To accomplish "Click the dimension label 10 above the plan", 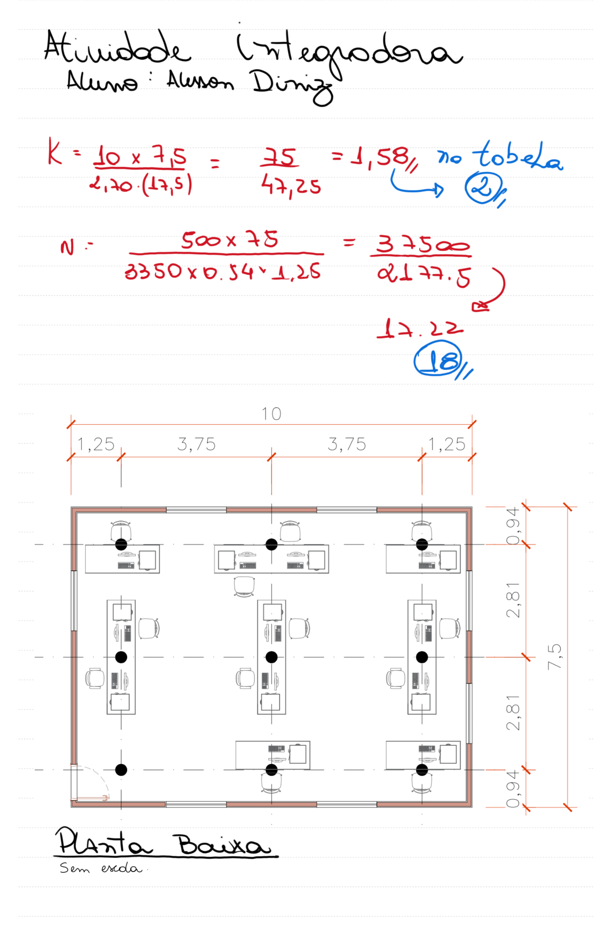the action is tap(271, 414).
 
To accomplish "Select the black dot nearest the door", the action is tap(121, 770).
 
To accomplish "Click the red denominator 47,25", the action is tap(291, 186).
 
